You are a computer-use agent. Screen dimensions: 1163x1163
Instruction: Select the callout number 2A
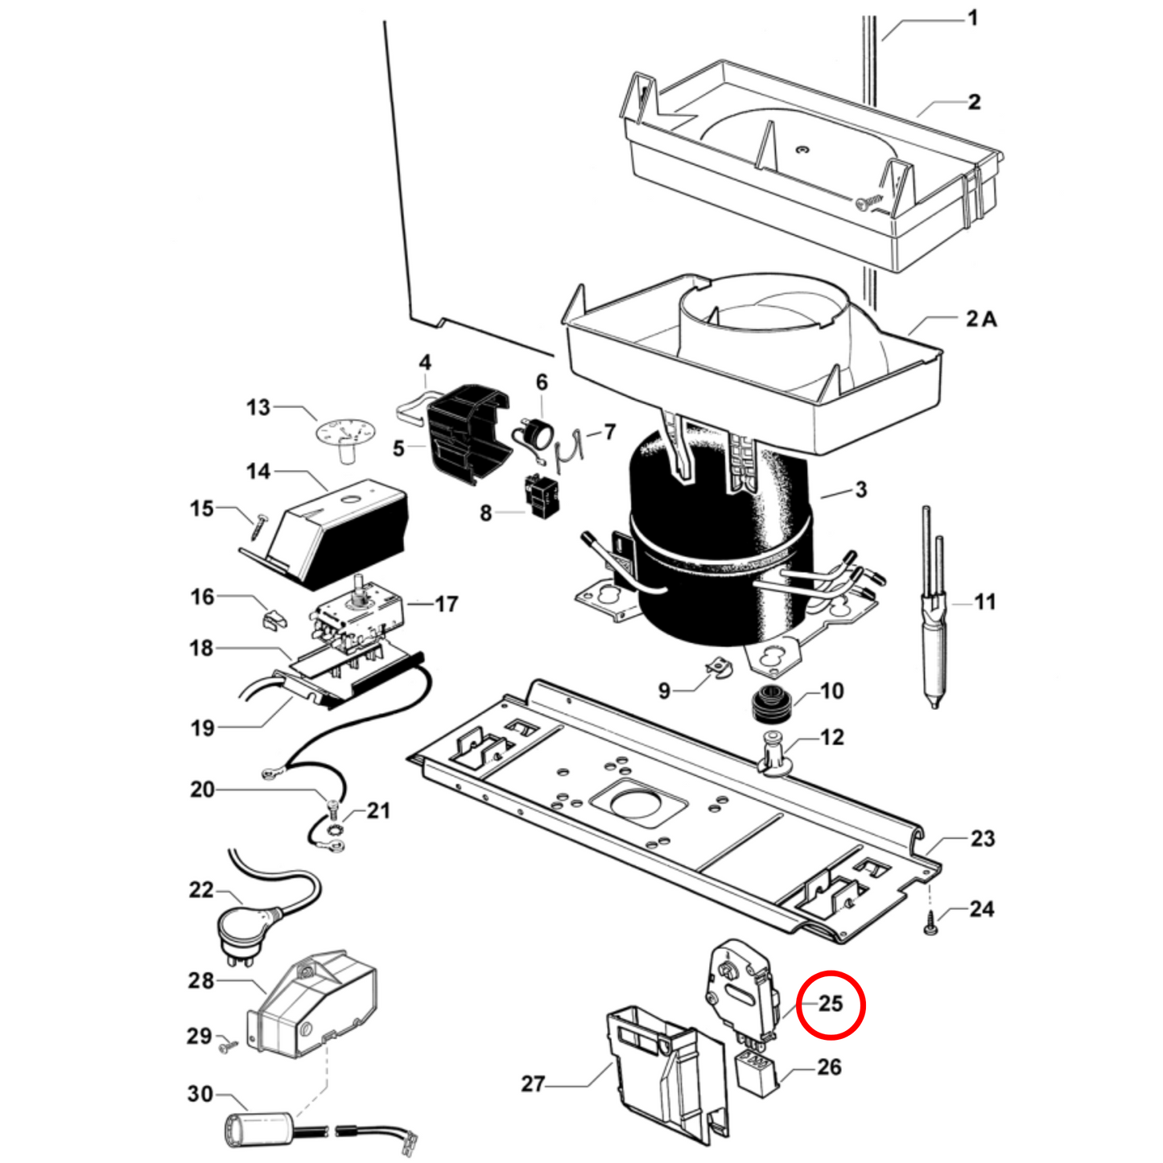tap(981, 319)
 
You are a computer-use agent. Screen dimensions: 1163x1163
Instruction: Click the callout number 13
tap(258, 407)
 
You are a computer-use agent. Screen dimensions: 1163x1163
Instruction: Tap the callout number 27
tap(533, 1084)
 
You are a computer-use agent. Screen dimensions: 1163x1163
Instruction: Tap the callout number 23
tap(982, 839)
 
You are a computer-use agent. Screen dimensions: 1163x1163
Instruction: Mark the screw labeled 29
tap(229, 1046)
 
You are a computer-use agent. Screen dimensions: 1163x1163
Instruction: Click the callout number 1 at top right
tap(972, 18)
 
